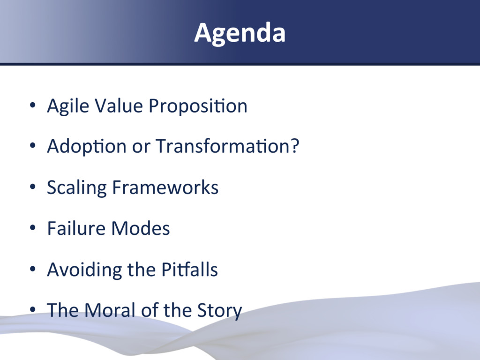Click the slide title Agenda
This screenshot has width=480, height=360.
click(240, 33)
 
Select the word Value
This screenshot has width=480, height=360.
click(119, 105)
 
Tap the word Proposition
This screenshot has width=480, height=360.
click(198, 106)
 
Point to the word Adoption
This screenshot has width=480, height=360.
click(87, 146)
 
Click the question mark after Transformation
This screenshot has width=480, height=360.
click(295, 145)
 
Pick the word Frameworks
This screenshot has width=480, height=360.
click(165, 187)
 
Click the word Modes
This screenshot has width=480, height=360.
click(140, 228)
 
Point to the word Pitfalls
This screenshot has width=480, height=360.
click(189, 270)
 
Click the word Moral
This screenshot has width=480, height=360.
click(110, 310)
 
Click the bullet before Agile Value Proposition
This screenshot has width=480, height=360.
click(33, 105)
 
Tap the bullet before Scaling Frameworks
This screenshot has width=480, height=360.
click(33, 187)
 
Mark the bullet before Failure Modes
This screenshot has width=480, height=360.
click(33, 228)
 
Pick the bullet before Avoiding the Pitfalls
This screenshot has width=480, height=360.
click(33, 269)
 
